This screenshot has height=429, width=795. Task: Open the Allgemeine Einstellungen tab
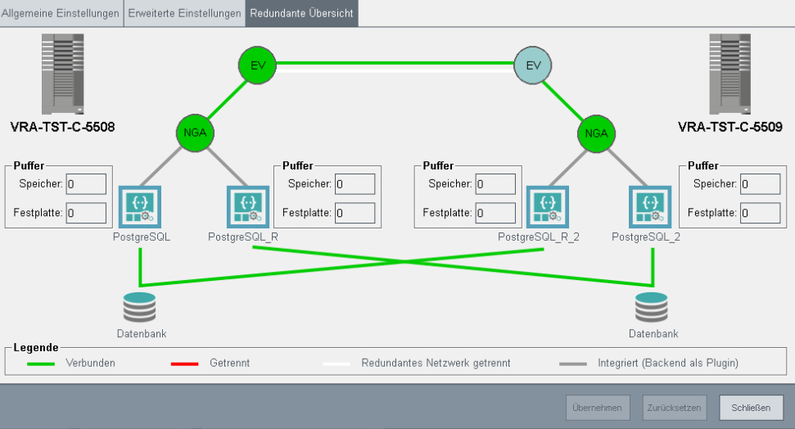(61, 13)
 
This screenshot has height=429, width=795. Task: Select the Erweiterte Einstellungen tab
(184, 13)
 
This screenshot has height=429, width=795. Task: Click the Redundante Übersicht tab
(301, 13)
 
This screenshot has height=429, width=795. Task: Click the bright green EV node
(258, 65)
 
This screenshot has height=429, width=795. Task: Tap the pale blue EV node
(534, 65)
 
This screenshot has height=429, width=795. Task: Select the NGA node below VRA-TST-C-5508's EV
(196, 133)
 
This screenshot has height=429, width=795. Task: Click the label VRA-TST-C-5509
(730, 127)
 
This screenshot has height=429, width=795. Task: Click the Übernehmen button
(598, 407)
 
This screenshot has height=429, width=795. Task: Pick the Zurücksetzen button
(674, 407)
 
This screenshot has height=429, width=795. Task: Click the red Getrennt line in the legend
(184, 363)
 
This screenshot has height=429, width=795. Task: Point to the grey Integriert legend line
(573, 363)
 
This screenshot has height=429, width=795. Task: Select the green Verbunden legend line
(41, 363)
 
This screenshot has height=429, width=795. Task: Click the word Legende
(36, 348)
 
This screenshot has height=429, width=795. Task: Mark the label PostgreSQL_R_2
(539, 237)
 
